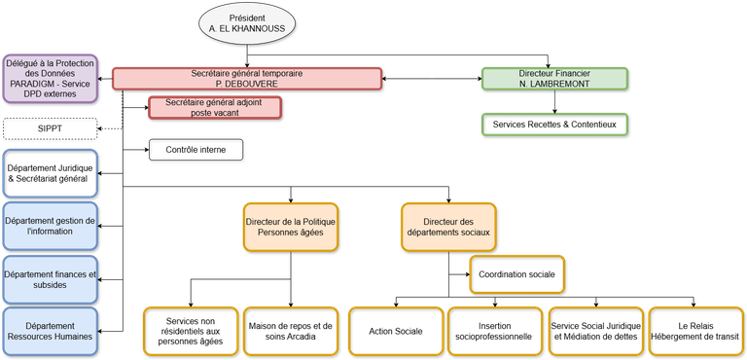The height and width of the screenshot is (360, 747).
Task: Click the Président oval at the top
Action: pos(247,24)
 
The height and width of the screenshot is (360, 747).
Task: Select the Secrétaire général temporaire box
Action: pos(246,78)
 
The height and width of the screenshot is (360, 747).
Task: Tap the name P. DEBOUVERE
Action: pos(246,85)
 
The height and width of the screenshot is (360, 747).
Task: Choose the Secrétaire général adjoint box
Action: pos(215,106)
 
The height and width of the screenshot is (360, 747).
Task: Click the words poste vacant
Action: pos(215,113)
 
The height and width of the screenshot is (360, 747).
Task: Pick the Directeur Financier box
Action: pos(554,78)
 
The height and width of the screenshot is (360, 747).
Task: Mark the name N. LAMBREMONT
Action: pos(554,85)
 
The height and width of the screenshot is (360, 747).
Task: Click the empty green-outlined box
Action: pos(554,124)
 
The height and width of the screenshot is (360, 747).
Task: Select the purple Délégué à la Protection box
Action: pos(49,78)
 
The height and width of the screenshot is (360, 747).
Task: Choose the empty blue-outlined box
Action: pos(50,172)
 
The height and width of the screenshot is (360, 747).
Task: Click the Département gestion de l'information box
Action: pos(50,226)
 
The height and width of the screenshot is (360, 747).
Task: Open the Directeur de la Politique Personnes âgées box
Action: pos(291,227)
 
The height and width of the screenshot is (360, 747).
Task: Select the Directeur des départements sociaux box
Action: pos(447,227)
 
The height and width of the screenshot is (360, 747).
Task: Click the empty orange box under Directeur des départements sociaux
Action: pos(516,273)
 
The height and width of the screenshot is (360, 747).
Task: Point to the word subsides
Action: pos(49,284)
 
